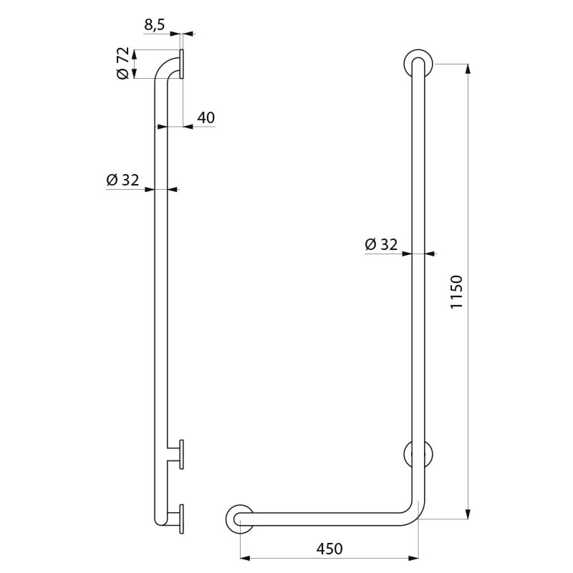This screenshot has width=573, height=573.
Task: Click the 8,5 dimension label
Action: click(154, 24)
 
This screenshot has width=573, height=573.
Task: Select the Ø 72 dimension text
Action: click(122, 64)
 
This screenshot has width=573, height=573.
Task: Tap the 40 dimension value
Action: click(206, 117)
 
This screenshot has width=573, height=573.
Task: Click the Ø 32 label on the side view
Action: click(122, 180)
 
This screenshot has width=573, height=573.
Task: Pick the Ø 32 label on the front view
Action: click(380, 244)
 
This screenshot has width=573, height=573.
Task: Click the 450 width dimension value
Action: click(329, 549)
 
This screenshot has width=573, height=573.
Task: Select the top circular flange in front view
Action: click(418, 63)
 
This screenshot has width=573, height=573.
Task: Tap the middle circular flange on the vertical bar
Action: click(418, 454)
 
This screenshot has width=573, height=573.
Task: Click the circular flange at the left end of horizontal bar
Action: click(239, 519)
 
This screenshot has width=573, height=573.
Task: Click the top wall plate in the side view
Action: click(182, 64)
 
